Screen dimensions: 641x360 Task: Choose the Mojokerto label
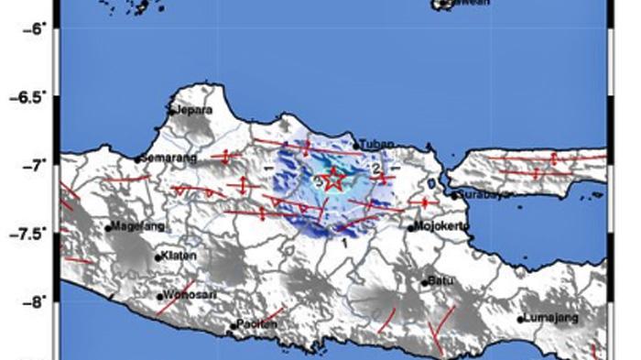(x=443, y=225)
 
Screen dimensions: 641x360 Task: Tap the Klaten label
(x=175, y=256)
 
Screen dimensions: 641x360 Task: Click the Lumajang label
(x=550, y=319)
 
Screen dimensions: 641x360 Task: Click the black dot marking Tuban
(x=356, y=145)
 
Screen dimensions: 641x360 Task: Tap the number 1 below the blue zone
(x=344, y=244)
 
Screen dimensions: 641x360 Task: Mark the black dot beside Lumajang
(x=520, y=320)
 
